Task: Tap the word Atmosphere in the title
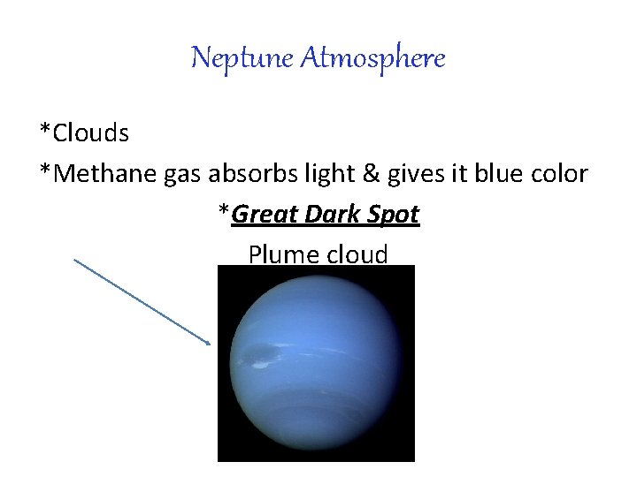point(372,58)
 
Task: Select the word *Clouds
point(84,133)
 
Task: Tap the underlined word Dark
point(336,214)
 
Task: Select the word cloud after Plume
point(357,254)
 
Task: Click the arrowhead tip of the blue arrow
point(211,344)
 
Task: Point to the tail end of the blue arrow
point(75,260)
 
